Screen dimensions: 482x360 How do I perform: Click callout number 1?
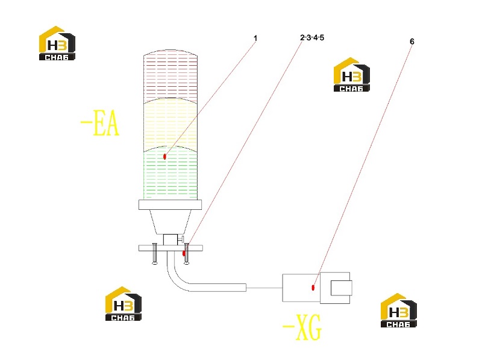[255, 38]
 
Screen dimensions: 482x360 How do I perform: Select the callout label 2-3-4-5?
[312, 37]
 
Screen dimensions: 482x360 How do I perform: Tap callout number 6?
[412, 41]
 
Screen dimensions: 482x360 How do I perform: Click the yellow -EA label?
[100, 123]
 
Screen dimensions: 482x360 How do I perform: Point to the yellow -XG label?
[302, 327]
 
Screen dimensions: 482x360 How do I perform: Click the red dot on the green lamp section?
[164, 157]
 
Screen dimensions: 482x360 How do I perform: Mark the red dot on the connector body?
[313, 288]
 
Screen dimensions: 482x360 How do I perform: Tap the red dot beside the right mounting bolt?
[184, 253]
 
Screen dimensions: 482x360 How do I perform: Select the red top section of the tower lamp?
[171, 75]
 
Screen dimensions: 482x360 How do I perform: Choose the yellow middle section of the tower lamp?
[171, 123]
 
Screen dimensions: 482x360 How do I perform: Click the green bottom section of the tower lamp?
[171, 174]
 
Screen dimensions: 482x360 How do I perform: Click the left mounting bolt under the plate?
[155, 253]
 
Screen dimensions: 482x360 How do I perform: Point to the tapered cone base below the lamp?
[171, 222]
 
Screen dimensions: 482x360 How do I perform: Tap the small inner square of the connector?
[341, 288]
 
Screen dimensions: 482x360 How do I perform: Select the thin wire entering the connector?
[264, 288]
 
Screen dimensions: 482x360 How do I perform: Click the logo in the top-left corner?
[57, 43]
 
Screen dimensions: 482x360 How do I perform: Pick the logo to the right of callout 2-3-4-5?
[352, 74]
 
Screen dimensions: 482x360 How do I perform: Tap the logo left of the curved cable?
[124, 304]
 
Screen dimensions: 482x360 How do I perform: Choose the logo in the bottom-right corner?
[399, 310]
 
